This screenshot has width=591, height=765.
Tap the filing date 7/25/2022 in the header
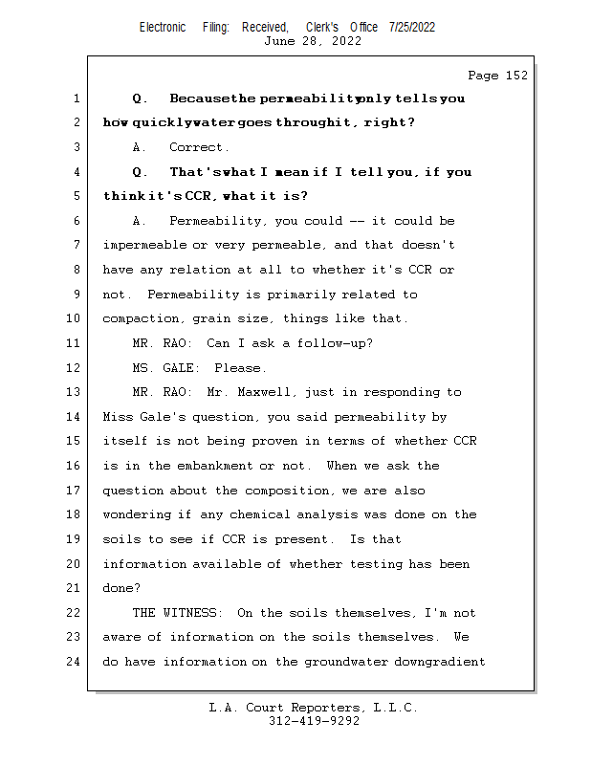[412, 28]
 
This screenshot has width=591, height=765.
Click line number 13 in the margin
[75, 392]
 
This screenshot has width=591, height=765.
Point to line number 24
[75, 662]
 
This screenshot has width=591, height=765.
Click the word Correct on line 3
[199, 147]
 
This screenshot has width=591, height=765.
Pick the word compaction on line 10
[140, 318]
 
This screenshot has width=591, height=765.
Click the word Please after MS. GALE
[240, 368]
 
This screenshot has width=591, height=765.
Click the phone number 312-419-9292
[314, 721]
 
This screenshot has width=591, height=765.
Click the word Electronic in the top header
[163, 28]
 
